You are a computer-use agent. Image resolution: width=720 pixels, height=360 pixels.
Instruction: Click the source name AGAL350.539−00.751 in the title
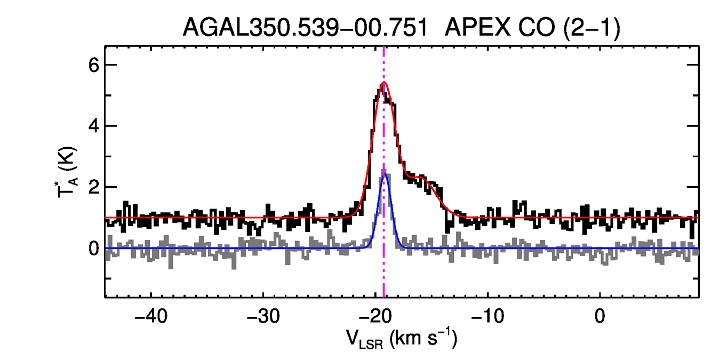(305, 27)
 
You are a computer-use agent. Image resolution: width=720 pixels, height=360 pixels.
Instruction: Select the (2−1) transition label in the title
(588, 27)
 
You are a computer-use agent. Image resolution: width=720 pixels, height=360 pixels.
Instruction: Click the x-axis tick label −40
(151, 316)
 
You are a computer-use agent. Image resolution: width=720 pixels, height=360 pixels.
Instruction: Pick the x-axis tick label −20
(375, 316)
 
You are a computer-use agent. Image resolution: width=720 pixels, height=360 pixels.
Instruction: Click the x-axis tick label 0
(600, 316)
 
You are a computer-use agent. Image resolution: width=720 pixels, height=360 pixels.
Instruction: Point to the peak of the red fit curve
(384, 82)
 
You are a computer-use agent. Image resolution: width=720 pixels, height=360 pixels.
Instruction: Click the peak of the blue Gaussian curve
(384, 175)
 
